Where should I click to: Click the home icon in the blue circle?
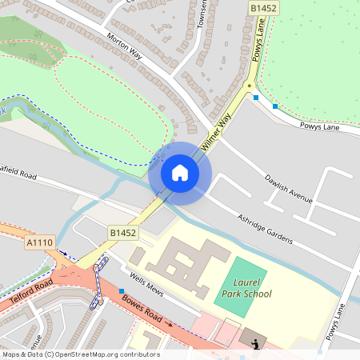(179, 173)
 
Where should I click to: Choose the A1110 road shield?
(39, 242)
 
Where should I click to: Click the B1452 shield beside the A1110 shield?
(122, 233)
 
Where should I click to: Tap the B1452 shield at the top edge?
(262, 7)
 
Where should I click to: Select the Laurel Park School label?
(247, 288)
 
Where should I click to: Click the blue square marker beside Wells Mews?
(122, 290)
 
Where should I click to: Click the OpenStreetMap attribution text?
(81, 354)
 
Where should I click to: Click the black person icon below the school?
(255, 344)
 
